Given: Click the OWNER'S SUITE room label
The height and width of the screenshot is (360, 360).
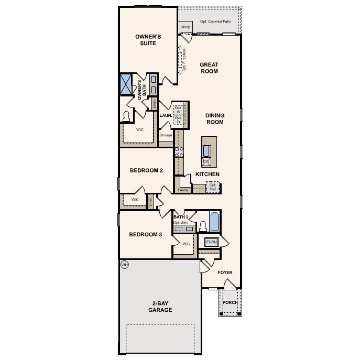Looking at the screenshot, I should (x=148, y=40).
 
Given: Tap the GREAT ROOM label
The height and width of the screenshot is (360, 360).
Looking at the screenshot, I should (x=209, y=68).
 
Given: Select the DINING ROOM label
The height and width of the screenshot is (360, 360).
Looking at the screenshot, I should (x=214, y=119).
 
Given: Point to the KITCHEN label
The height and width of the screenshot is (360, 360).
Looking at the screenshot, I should (x=208, y=174).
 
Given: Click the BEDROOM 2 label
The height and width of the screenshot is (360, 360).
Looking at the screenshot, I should (x=146, y=170).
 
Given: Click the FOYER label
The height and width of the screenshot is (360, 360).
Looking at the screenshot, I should (x=225, y=272).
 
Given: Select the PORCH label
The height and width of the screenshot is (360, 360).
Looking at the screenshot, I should (x=230, y=303).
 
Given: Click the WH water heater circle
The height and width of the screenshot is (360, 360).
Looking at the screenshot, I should (x=124, y=265).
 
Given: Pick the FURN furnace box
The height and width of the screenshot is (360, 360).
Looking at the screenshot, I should (x=211, y=242).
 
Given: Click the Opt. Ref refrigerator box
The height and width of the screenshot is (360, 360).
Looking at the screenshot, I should (x=213, y=187).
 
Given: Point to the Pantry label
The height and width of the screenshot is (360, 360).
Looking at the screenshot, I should (x=183, y=190).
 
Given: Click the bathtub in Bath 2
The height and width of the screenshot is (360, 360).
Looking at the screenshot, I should (x=214, y=222).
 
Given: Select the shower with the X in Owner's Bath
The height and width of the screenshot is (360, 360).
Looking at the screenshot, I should (x=126, y=83).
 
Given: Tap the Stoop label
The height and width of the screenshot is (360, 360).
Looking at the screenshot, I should (x=185, y=27).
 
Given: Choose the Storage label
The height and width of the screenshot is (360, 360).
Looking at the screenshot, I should (x=166, y=136).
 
